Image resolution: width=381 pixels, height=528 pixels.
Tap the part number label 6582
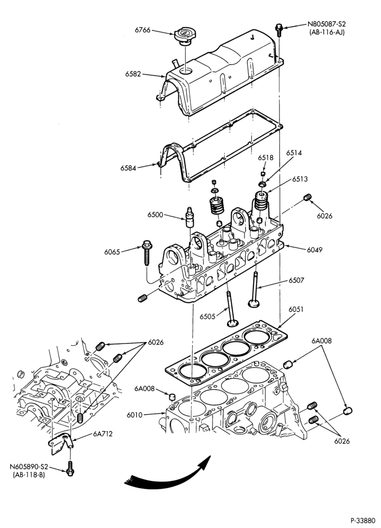click(133, 74)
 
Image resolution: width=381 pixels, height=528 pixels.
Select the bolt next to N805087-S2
click(279, 30)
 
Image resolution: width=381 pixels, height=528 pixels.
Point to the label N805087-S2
click(326, 24)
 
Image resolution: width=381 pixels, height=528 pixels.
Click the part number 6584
click(129, 168)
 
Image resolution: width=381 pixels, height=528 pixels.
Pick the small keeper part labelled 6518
click(264, 173)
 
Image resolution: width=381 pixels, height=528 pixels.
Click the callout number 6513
click(300, 179)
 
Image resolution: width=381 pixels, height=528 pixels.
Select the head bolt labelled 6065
click(147, 252)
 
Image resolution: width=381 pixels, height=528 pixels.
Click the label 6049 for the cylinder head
click(314, 250)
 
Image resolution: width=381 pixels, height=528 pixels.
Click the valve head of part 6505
click(232, 323)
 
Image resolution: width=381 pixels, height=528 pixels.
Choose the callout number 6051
click(296, 309)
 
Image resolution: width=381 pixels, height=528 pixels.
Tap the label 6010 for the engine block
click(134, 415)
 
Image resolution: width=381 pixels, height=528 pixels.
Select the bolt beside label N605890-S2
click(70, 469)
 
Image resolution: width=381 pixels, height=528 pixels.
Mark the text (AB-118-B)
click(29, 475)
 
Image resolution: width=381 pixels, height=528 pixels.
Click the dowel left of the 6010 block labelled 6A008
click(172, 395)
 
